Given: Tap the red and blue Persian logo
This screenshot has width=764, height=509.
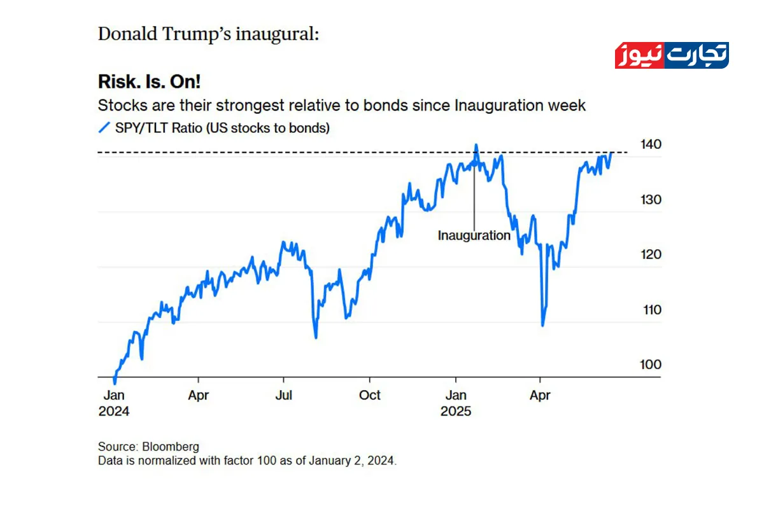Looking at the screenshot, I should [x=672, y=55].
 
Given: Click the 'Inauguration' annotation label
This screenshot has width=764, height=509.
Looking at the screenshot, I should [x=474, y=235].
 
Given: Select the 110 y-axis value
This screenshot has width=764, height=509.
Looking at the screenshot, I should [x=653, y=310].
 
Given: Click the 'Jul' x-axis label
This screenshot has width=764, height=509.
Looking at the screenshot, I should [x=283, y=395].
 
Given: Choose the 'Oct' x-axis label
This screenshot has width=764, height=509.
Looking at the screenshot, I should [x=369, y=395].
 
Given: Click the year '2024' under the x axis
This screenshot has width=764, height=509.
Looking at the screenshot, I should [x=114, y=411].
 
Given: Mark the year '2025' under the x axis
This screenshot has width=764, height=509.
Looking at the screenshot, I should [x=456, y=411].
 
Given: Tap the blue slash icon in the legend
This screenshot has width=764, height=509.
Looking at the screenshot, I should [x=104, y=128].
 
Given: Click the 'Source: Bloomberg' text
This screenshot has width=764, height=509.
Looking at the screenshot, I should [x=148, y=447].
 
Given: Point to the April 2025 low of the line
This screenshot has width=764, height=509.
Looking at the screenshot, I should [x=543, y=325].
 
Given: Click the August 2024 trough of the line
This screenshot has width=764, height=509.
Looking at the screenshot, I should [x=316, y=337].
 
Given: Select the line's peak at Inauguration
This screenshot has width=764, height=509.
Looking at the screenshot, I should [x=476, y=146].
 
